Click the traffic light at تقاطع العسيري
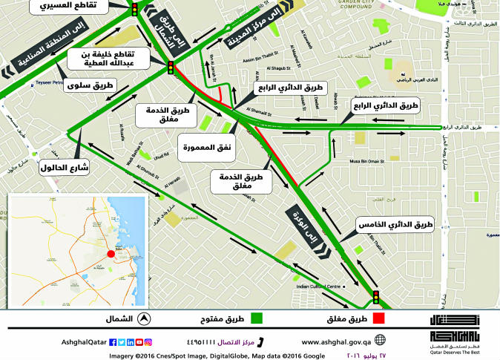coord(134,10)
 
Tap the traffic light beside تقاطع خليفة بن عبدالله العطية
coord(170,68)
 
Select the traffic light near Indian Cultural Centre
coord(376,298)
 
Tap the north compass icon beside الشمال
coord(145,319)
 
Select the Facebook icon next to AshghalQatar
coord(112,342)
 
